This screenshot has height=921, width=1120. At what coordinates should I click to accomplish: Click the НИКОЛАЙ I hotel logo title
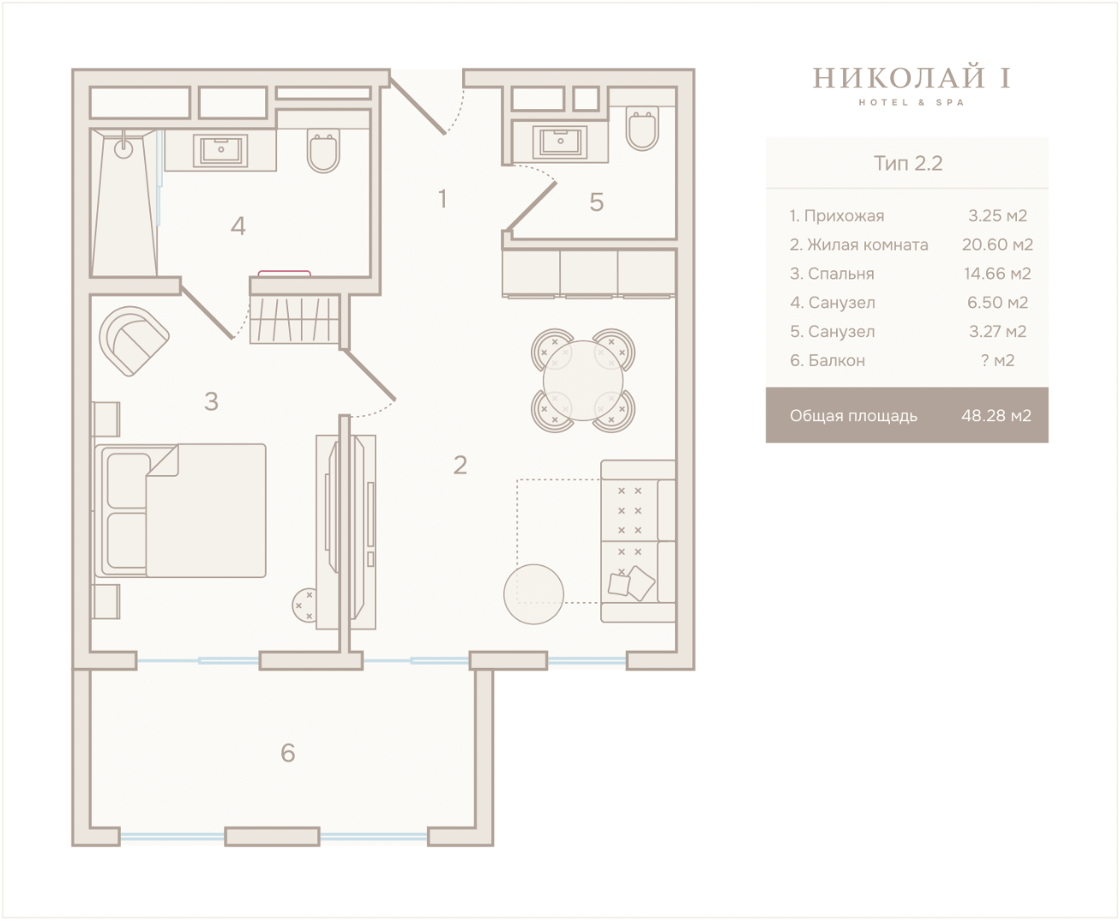tap(911, 78)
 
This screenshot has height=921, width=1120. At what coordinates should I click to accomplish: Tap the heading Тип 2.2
tap(908, 163)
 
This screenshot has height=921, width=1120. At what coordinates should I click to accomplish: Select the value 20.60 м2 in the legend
tap(997, 245)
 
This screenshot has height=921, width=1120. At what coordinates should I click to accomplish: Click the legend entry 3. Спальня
tap(832, 274)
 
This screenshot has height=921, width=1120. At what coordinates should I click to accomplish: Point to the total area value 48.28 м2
tap(996, 415)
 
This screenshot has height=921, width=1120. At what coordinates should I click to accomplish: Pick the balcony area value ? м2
tap(997, 361)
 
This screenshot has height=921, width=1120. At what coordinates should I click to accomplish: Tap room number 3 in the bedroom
tap(211, 402)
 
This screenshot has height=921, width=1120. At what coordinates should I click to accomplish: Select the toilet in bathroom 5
tap(642, 128)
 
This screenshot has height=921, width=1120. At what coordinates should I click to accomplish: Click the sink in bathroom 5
tap(560, 142)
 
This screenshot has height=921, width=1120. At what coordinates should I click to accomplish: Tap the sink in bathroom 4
tap(221, 150)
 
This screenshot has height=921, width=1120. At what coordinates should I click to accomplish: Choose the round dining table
tap(582, 380)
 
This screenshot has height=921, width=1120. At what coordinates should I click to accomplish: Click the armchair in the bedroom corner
tap(134, 341)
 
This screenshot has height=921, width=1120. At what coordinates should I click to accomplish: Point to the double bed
tap(181, 511)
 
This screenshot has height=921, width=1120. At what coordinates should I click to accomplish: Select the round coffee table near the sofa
tap(534, 594)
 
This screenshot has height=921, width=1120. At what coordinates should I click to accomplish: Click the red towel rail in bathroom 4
tap(284, 273)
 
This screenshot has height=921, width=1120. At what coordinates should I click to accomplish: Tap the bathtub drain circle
tap(124, 149)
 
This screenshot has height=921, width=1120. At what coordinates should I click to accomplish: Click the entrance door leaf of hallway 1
tap(418, 106)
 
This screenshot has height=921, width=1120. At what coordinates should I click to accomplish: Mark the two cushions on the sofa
tap(632, 583)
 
